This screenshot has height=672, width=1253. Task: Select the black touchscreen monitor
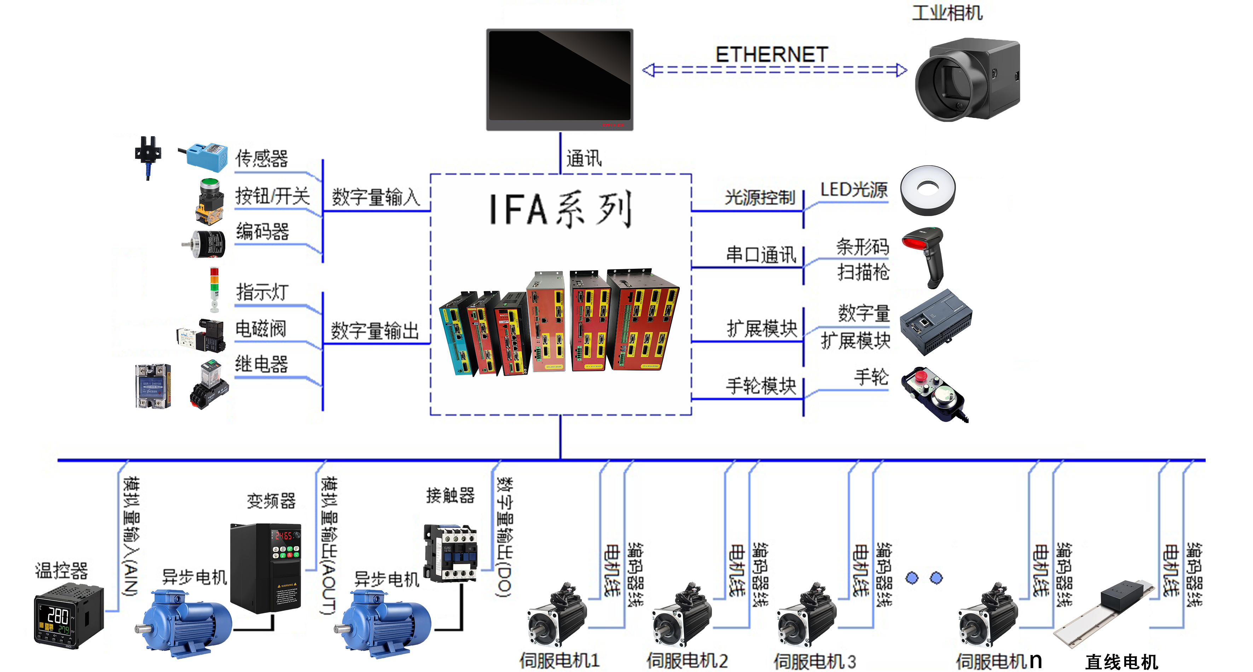tap(559, 79)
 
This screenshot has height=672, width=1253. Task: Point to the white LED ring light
tap(928, 190)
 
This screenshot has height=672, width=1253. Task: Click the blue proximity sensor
tap(204, 157)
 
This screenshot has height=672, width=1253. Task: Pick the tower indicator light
tap(214, 289)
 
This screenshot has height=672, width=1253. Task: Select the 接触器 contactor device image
tap(451, 553)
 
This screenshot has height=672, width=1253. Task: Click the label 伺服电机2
tap(687, 661)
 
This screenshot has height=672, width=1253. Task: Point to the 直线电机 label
tap(1121, 662)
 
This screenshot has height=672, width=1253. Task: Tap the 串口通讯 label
tap(761, 255)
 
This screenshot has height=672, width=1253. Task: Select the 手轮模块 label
tap(761, 386)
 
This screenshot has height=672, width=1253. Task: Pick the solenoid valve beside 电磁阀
tap(202, 336)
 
